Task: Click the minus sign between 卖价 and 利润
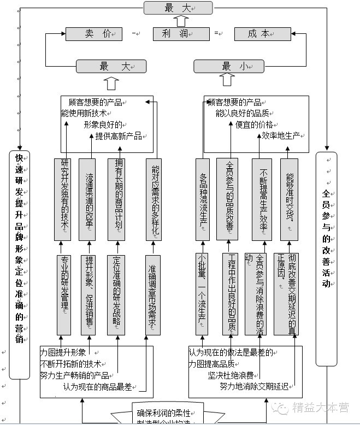134,34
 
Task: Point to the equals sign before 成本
217,34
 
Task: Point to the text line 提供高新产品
118,136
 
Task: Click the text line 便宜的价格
253,125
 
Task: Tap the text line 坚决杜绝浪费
231,375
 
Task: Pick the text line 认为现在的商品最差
97,387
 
